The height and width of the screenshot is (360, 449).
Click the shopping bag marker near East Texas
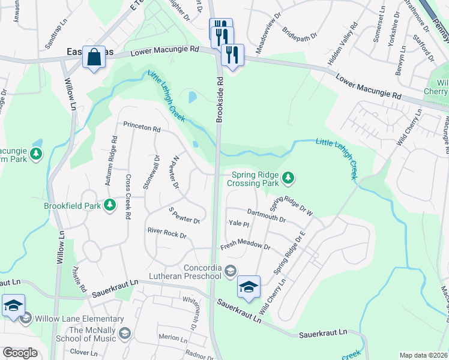94,58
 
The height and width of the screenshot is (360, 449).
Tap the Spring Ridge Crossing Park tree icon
289,177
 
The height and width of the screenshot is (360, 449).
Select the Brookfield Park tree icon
110,206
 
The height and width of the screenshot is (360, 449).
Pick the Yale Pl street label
238,224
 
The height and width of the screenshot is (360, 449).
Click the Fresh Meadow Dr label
246,246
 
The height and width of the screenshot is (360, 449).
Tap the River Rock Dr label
167,232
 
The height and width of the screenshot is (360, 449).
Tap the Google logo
20,353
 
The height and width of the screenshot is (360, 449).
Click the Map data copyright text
424,355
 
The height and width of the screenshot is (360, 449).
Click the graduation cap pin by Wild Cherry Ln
249,287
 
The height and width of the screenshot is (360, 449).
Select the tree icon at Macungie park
37,154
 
